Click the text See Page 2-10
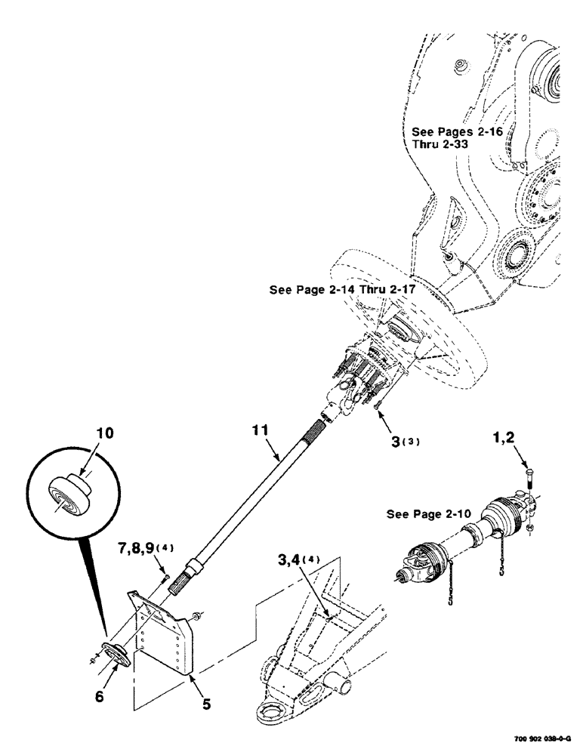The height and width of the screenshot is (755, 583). pyautogui.click(x=428, y=514)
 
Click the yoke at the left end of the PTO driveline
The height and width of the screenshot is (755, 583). pyautogui.click(x=414, y=563)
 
